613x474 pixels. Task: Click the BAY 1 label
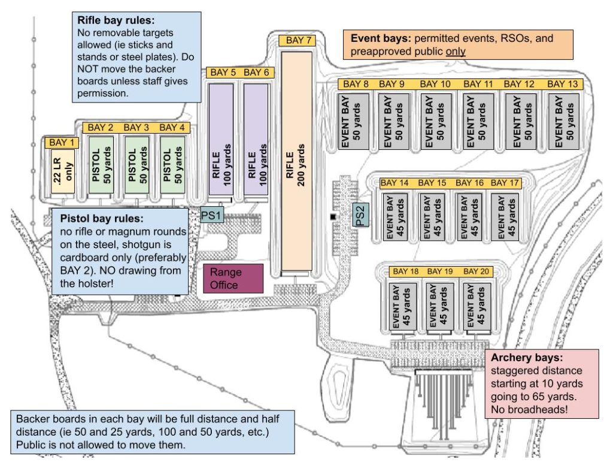coord(62,143)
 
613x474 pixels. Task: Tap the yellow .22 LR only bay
coord(62,171)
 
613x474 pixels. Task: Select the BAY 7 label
coord(298,41)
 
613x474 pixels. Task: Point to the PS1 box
coord(212,215)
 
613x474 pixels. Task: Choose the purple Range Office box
coord(233,278)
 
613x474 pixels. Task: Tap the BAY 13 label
coord(563,84)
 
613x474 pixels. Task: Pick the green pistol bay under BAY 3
coord(136,163)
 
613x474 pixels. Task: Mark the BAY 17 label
coord(505,183)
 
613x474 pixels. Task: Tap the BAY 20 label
coord(478,271)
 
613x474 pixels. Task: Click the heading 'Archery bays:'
coord(519,358)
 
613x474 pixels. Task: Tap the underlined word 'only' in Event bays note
coord(456,52)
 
